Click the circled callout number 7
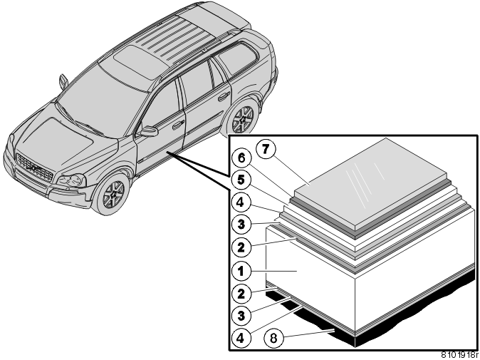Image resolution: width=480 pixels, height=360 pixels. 266,149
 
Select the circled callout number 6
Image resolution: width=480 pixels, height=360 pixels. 241,158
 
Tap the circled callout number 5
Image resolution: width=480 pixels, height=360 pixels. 241,180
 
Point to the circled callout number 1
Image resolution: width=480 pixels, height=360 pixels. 241,271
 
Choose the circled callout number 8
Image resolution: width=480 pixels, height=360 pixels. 273,338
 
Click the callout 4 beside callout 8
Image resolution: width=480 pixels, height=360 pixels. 241,338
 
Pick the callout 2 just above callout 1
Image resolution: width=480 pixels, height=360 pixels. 241,247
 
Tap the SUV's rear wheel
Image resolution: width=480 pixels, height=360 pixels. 243,120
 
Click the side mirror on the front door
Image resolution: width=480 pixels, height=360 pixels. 149,131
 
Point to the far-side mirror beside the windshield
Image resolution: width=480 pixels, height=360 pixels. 63,81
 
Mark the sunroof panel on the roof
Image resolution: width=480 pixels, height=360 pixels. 137,62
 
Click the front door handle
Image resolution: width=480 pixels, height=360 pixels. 178,125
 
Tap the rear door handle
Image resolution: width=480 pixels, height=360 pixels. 224,96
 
